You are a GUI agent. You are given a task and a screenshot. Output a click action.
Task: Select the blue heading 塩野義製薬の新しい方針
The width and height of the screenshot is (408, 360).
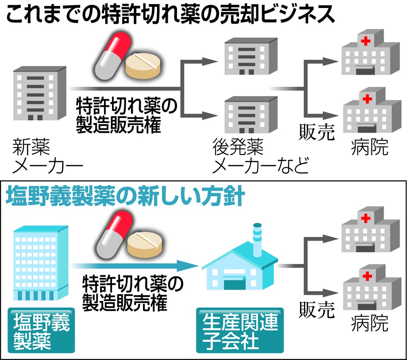pyautogui.click(x=124, y=197)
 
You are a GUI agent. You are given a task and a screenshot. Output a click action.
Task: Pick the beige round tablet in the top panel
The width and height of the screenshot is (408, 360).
pyautogui.click(x=144, y=66)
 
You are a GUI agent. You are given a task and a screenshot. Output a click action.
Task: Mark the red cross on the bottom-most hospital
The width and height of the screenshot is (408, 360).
pyautogui.click(x=364, y=276)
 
